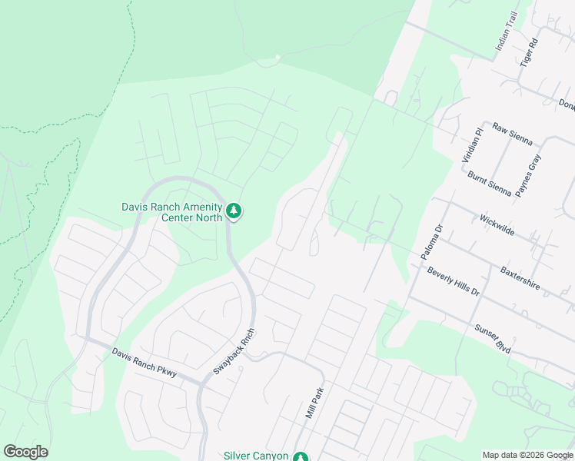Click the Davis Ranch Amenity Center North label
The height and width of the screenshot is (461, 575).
171,212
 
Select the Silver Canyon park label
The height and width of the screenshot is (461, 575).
256,456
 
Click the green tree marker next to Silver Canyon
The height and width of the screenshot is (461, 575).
301,456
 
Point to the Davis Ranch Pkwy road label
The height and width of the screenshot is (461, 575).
145,363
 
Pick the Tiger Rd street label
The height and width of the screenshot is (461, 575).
527,51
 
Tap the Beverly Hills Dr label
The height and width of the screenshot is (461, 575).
454,282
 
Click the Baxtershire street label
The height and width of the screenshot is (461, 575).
520,277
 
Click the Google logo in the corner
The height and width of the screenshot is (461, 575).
25,452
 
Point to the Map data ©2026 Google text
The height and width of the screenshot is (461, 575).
527,455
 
